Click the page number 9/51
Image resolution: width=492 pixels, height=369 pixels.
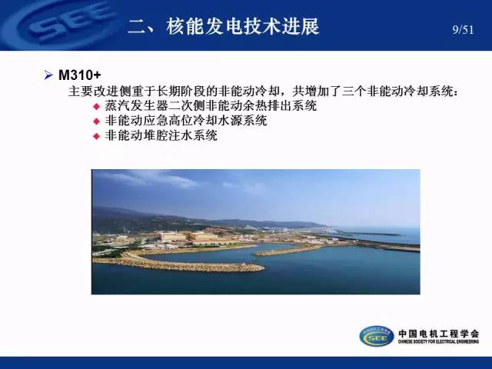pos(463,30)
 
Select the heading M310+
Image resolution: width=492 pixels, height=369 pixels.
pos(80,75)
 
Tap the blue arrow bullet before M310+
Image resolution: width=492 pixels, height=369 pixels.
pos(48,75)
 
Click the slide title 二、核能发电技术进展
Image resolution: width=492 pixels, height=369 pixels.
pos(224,26)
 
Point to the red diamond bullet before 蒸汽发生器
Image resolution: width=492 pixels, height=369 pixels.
pos(97,107)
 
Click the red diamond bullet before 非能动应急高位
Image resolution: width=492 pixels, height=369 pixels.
pos(97,121)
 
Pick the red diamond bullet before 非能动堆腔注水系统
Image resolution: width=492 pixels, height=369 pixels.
pos(97,137)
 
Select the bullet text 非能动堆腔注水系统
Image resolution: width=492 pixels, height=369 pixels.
pos(161,136)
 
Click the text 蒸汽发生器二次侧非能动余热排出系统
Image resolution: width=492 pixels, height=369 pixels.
pos(211,106)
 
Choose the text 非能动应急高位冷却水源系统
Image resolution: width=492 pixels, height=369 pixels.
pos(186,121)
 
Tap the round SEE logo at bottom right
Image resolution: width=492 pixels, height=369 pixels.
pos(377,336)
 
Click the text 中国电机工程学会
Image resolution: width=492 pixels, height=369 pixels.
pos(438,334)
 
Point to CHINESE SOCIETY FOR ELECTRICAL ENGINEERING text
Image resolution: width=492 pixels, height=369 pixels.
pos(438,341)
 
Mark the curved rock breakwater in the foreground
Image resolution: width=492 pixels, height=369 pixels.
pos(178,264)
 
